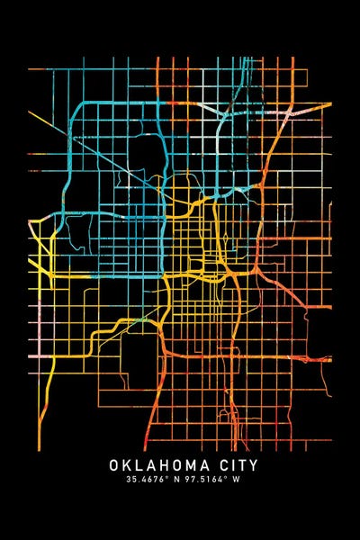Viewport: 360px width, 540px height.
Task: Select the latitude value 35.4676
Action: (x=143, y=481)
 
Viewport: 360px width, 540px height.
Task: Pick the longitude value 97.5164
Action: (x=198, y=481)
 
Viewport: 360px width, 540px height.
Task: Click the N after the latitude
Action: (x=174, y=481)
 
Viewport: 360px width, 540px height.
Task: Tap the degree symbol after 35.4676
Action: (x=165, y=478)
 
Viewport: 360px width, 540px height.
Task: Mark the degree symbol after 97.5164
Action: (x=220, y=478)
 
